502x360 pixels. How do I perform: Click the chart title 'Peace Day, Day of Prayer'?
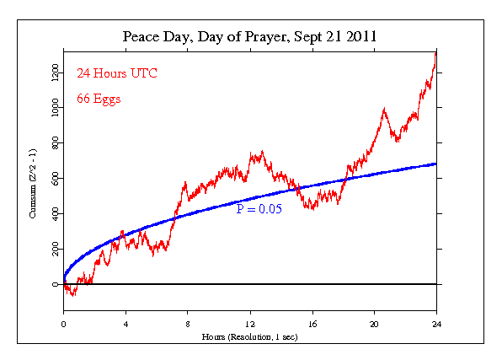tap(248, 37)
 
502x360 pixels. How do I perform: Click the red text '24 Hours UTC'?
tap(117, 73)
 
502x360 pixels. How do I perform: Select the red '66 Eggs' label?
tap(99, 99)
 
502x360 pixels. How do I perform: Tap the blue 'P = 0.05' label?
tap(259, 208)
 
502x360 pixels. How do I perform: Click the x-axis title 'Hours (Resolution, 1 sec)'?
tap(249, 336)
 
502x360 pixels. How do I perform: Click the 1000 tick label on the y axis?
tap(55, 109)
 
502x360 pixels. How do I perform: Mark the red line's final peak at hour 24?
tap(435, 53)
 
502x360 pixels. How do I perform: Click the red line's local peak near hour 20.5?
tap(384, 109)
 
